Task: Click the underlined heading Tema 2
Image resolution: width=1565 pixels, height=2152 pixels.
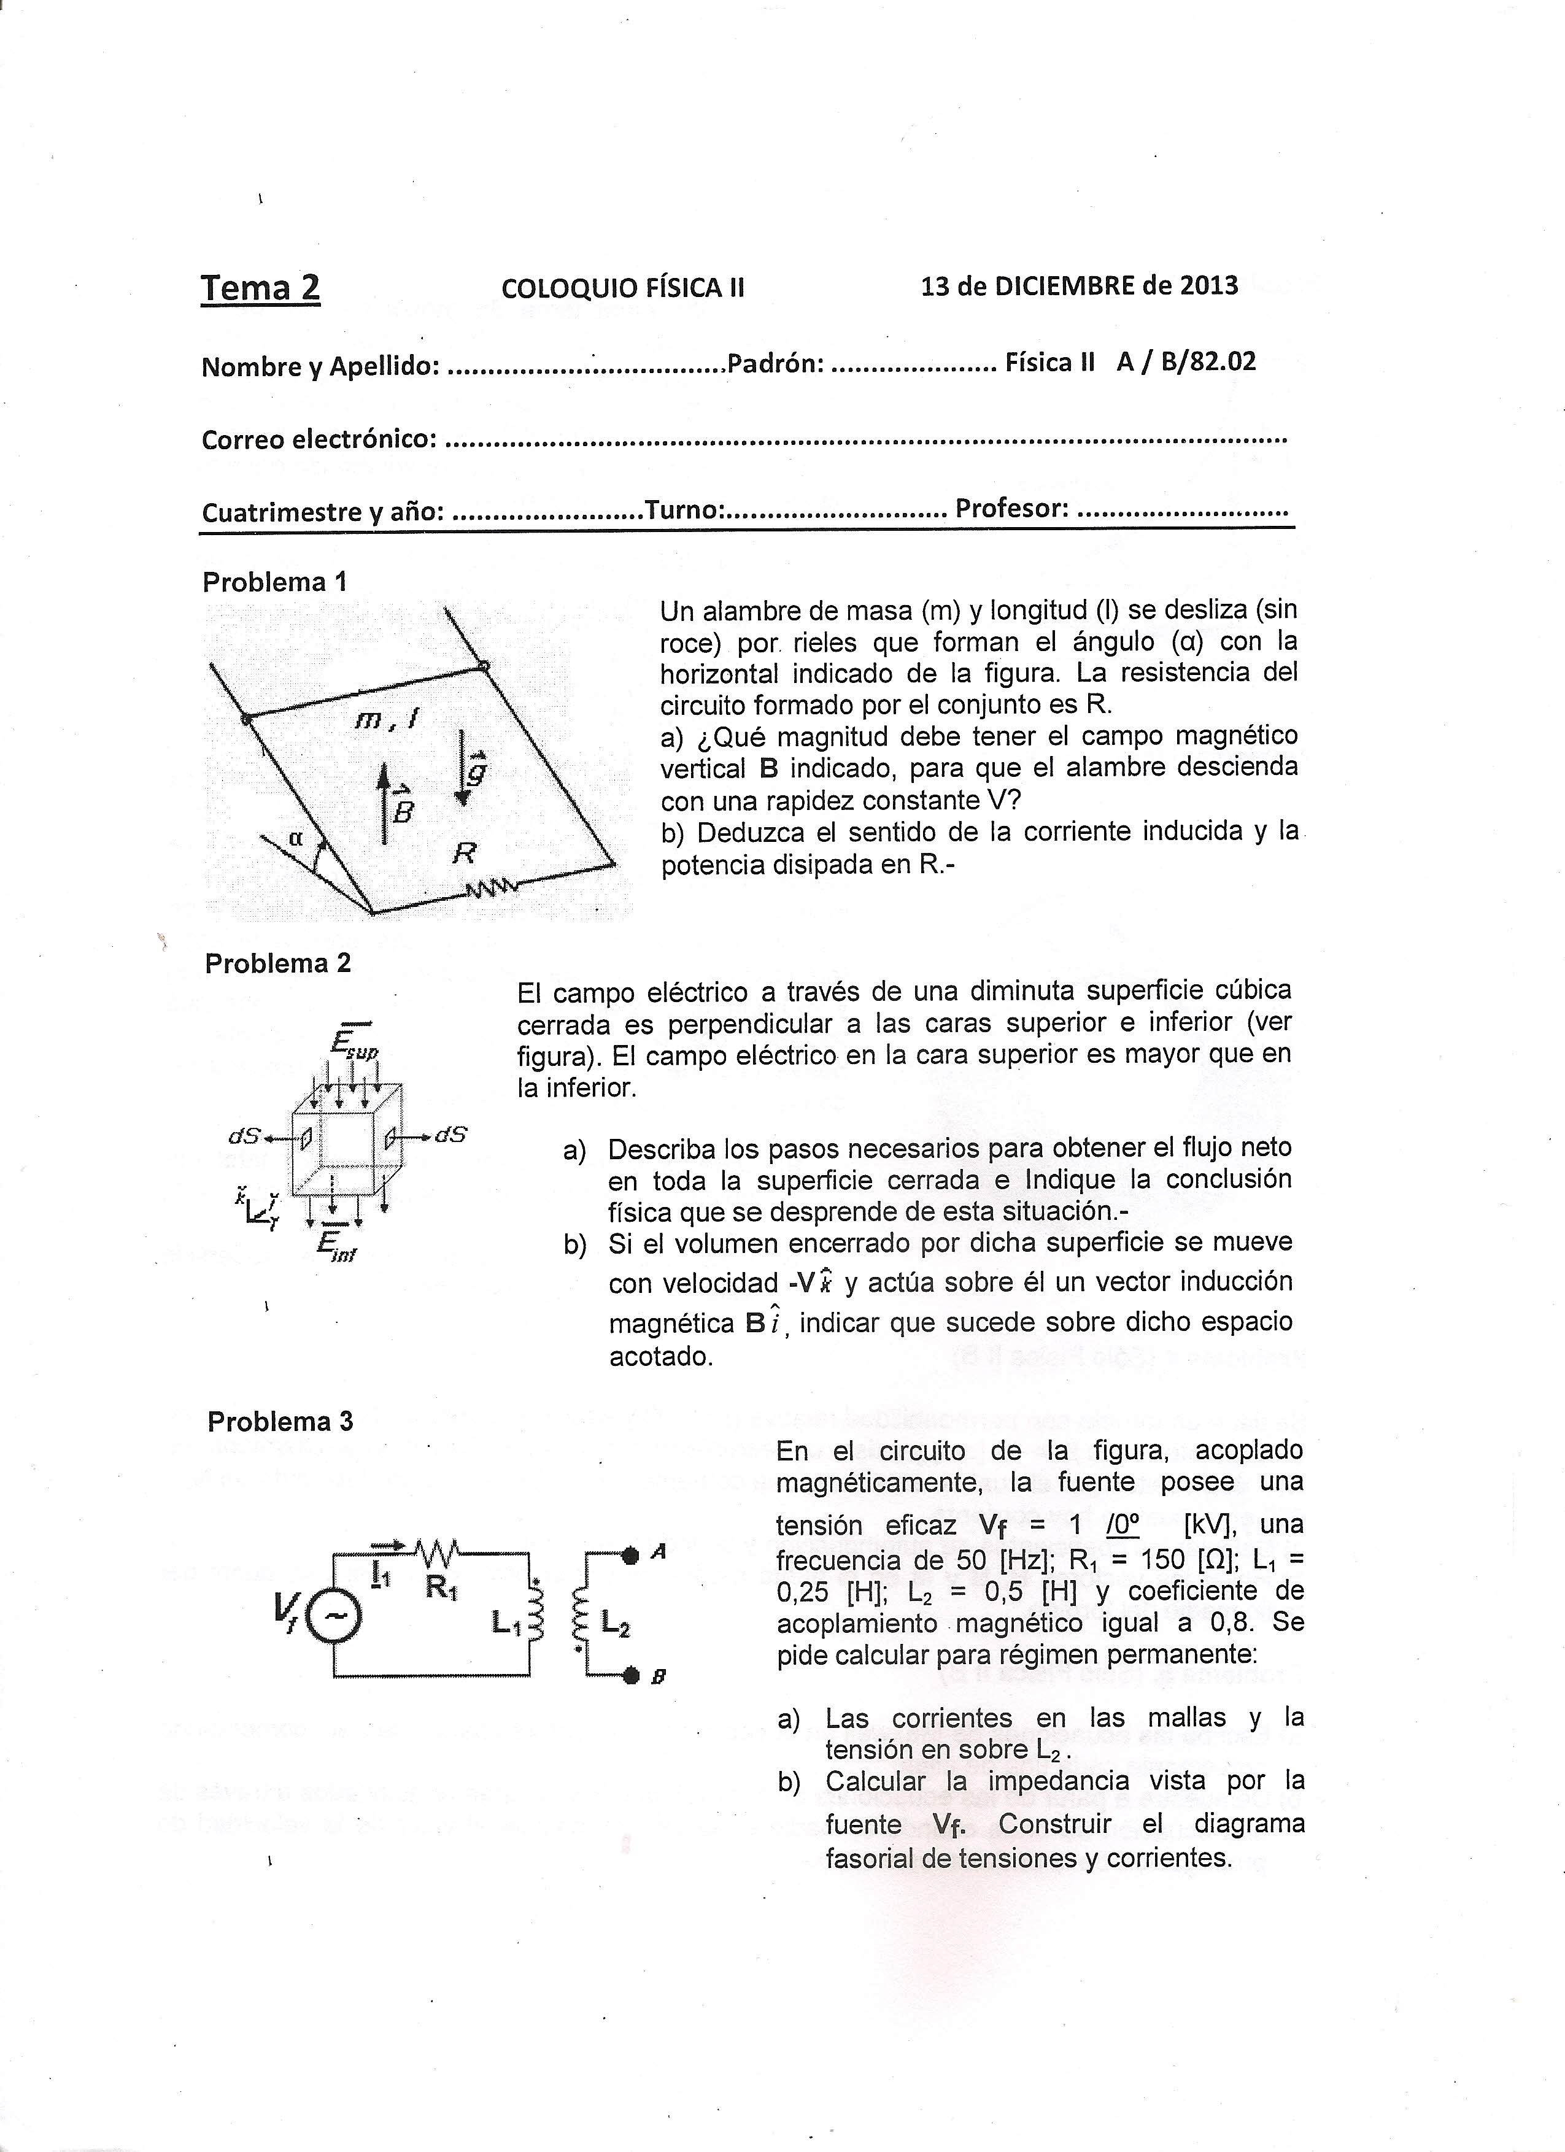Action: pos(260,288)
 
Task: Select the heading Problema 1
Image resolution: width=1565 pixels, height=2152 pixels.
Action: pos(275,582)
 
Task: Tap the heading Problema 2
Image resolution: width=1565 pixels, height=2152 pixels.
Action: pos(277,963)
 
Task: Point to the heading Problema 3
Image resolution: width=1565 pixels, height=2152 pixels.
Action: pos(280,1421)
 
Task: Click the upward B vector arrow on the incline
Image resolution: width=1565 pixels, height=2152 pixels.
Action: pos(384,802)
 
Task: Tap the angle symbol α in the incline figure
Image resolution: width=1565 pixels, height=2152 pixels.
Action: pos(295,838)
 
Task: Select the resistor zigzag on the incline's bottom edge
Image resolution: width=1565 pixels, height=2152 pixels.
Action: pos(490,888)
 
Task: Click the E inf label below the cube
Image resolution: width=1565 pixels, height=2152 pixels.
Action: pos(337,1244)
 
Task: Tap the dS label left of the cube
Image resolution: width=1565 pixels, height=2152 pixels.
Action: pos(245,1135)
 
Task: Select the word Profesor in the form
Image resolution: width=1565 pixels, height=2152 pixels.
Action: pos(1011,509)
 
